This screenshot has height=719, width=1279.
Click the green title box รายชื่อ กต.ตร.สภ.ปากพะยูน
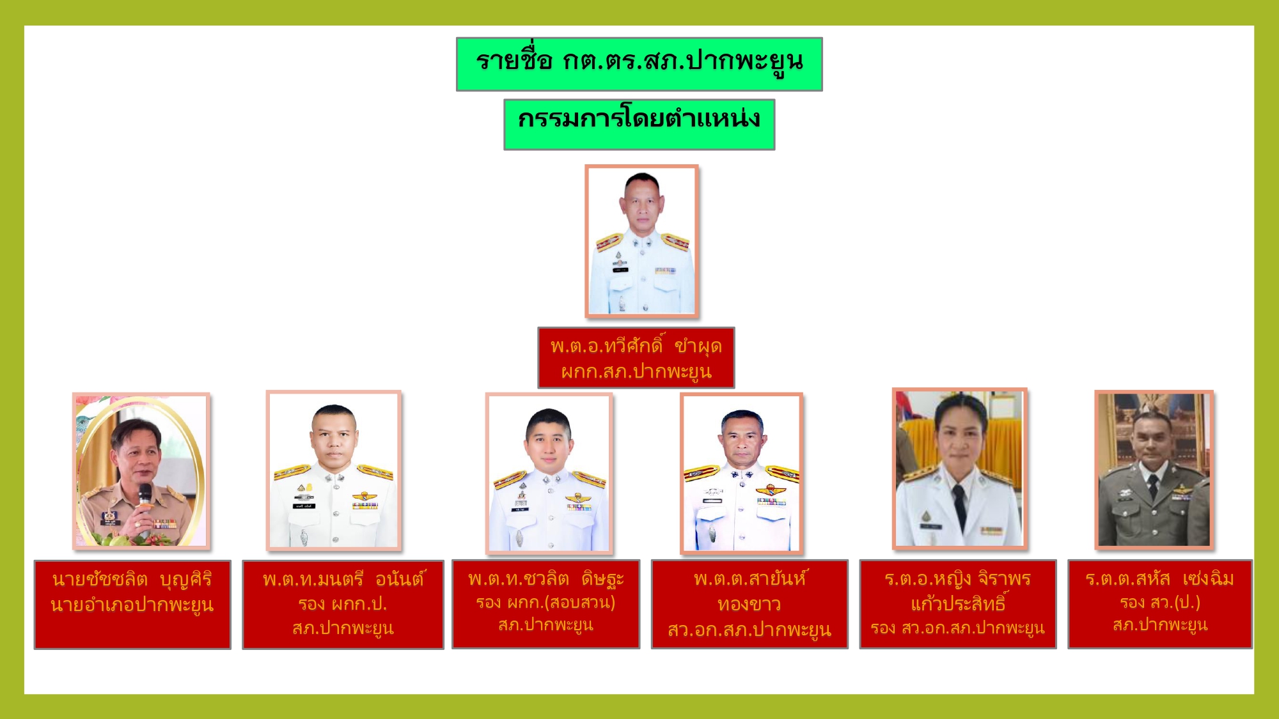click(639, 64)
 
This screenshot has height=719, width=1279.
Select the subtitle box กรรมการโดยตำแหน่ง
click(639, 125)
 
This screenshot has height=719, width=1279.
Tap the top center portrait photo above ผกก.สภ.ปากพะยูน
click(641, 241)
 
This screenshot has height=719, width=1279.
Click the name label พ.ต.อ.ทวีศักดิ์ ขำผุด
click(636, 346)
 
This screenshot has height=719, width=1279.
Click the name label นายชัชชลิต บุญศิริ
click(132, 580)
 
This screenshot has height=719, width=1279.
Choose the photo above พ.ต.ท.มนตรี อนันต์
click(333, 470)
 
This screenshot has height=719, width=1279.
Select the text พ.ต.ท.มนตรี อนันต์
click(343, 579)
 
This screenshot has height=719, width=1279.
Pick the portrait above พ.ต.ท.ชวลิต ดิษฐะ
click(549, 473)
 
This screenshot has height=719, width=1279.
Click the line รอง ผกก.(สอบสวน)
click(545, 603)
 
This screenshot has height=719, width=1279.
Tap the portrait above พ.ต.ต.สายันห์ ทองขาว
click(742, 473)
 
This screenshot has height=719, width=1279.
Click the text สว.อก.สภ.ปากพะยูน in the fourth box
click(749, 630)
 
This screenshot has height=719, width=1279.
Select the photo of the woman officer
click(959, 468)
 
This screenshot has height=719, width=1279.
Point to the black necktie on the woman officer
click(958, 504)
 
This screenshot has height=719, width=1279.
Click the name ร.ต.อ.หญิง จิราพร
click(957, 579)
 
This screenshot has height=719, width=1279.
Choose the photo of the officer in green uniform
click(1154, 470)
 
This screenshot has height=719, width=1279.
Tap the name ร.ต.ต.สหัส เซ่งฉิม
click(1159, 579)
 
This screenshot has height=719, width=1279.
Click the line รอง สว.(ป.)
click(1159, 602)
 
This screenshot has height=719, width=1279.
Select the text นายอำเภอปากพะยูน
click(132, 605)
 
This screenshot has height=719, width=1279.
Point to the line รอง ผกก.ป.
click(343, 604)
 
